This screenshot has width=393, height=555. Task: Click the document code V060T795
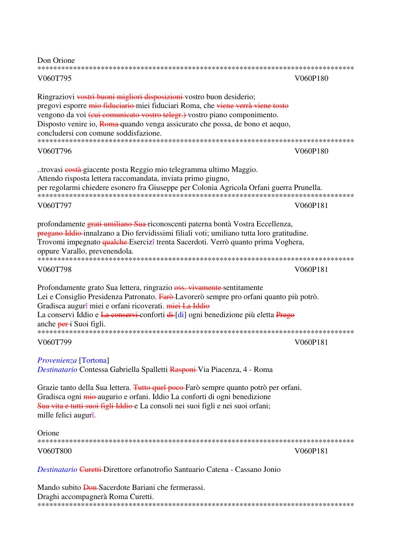pos(54,79)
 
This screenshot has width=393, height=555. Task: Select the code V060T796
pos(54,151)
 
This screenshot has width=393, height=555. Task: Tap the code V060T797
pos(54,206)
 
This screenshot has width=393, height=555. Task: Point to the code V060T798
pos(54,270)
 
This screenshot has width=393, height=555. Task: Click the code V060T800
pos(54,451)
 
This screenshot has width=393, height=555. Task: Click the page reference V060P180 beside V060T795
pos(311,79)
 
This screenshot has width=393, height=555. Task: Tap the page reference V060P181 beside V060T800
pos(311,451)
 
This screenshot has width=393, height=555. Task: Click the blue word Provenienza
pos(57,360)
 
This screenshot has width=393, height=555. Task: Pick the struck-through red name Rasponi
pos(183,370)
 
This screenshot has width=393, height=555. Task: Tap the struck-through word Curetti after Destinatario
pos(90,470)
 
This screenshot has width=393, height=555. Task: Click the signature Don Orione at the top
pos(56,61)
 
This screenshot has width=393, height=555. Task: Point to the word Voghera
pos(291,242)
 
